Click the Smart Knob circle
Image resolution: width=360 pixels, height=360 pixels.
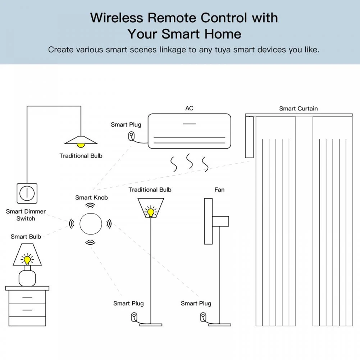[90, 223]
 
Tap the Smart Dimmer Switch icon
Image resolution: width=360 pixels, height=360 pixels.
[27, 193]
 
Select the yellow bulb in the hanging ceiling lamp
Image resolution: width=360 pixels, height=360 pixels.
[81, 145]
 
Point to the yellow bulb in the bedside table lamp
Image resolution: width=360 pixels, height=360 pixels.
[27, 259]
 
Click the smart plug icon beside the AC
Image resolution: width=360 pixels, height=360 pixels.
[131, 136]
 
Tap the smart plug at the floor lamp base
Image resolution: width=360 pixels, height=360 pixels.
[134, 317]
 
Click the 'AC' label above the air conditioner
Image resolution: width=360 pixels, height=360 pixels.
[189, 108]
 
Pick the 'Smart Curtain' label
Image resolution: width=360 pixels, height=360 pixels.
[299, 108]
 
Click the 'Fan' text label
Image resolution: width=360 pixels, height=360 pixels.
[219, 190]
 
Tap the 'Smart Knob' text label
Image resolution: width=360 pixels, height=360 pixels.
[91, 197]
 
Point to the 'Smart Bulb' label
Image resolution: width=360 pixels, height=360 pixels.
[26, 236]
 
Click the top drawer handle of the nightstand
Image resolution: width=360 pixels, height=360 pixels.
[27, 297]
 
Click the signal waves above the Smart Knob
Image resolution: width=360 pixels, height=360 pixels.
[90, 205]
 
